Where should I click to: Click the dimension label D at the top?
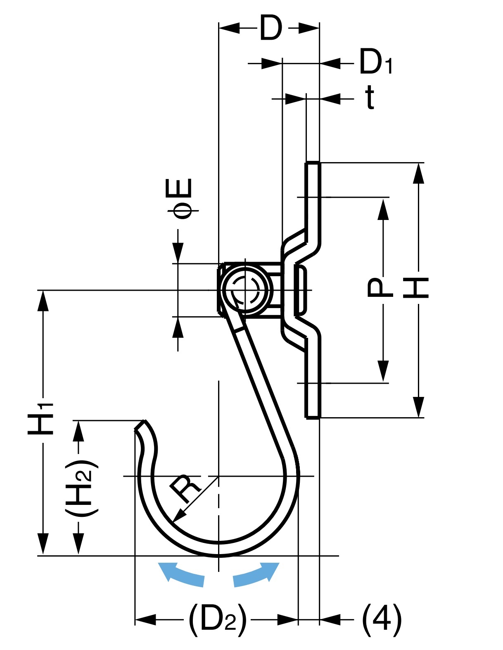tap(270, 28)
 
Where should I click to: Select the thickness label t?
tap(370, 98)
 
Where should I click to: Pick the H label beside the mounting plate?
tap(416, 288)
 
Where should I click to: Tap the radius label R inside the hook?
tap(185, 488)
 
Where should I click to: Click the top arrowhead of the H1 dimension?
tap(43, 300)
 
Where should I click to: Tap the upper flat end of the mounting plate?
tap(313, 163)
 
